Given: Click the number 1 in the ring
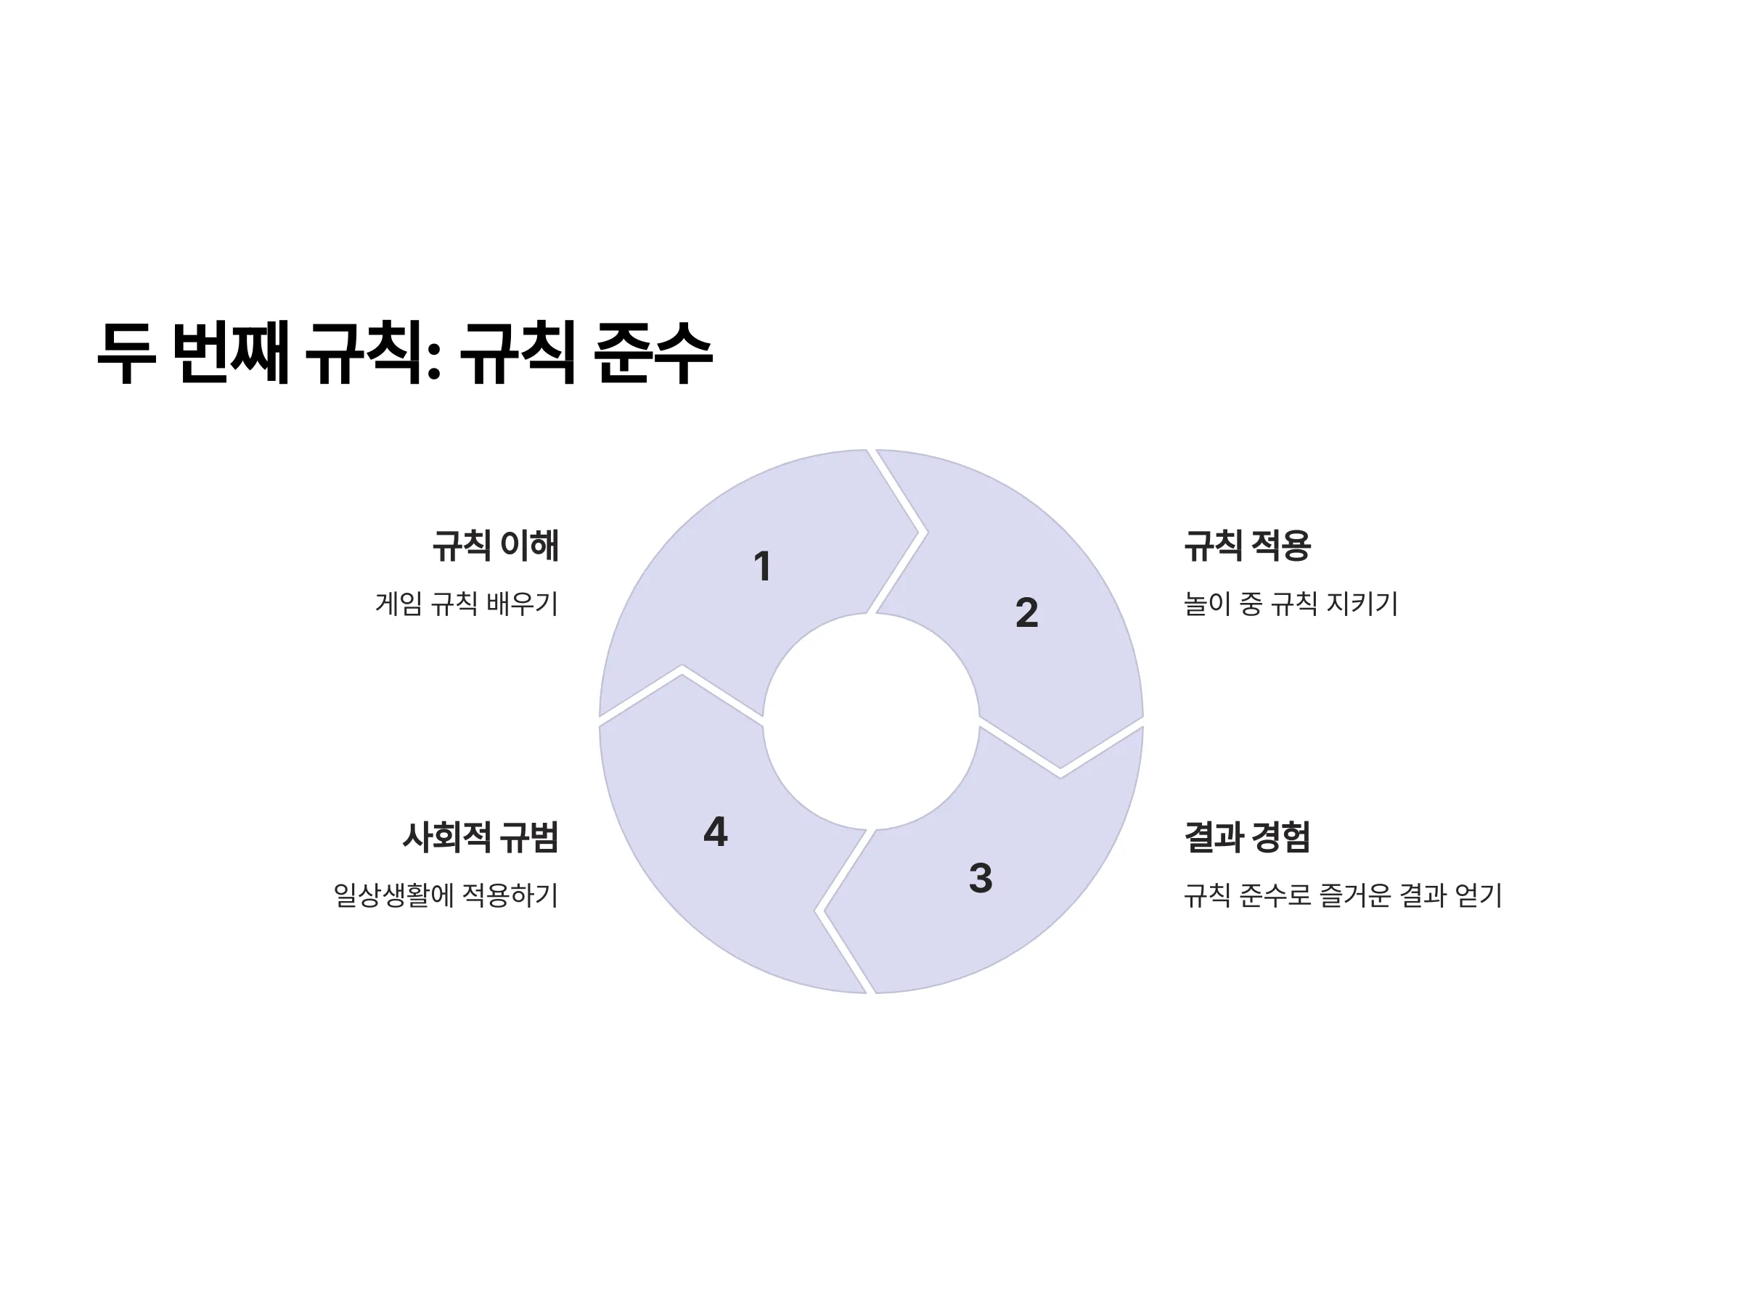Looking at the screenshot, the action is [x=761, y=566].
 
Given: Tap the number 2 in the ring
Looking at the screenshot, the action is [x=1026, y=612].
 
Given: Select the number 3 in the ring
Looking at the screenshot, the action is [x=981, y=878].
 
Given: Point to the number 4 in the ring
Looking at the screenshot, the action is [x=715, y=831].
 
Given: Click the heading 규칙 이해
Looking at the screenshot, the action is [x=495, y=546].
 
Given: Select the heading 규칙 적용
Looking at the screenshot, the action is [x=1248, y=546].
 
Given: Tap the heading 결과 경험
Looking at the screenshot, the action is [x=1248, y=837].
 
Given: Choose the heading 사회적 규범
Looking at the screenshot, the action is [x=481, y=837].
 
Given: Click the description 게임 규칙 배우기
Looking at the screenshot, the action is [x=467, y=604].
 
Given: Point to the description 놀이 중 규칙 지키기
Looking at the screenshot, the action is [x=1291, y=604].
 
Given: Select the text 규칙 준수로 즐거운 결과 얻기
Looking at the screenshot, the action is [x=1344, y=895].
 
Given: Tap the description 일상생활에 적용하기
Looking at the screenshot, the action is [x=446, y=895].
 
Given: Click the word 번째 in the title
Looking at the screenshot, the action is [x=230, y=353].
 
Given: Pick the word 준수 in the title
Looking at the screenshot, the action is [x=653, y=353].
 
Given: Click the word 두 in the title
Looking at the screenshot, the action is [x=126, y=353].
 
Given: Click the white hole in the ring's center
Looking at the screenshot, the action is [x=871, y=721].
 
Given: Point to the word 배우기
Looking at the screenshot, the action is [x=522, y=604].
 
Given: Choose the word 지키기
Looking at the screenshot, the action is [x=1362, y=604].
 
